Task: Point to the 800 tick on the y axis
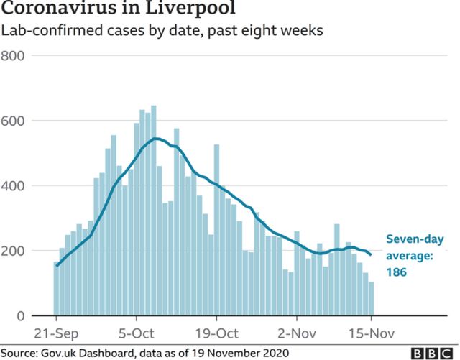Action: (x=15, y=56)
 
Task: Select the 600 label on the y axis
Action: (x=15, y=121)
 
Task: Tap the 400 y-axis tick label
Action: (x=15, y=186)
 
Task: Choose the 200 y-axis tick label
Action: (x=15, y=251)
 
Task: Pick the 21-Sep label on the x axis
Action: (x=56, y=333)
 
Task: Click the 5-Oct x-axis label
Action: (x=137, y=333)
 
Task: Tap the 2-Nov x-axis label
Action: (x=296, y=333)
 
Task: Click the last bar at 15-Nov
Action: (x=372, y=299)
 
